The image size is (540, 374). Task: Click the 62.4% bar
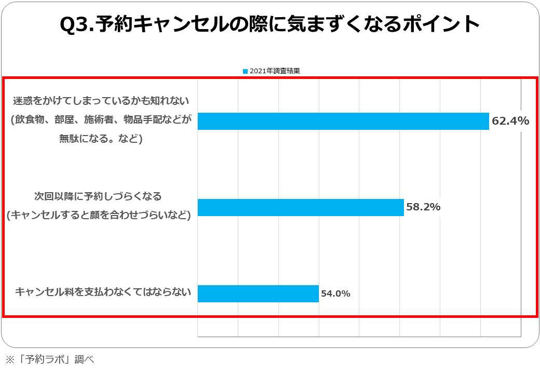pyautogui.click(x=343, y=121)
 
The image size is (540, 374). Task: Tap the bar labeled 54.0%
pyautogui.click(x=258, y=293)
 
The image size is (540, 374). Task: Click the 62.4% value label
pyautogui.click(x=510, y=121)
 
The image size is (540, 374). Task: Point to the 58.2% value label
pyautogui.click(x=423, y=207)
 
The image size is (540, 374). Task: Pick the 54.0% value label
pyautogui.click(x=335, y=293)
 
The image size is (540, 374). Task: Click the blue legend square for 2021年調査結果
pyautogui.click(x=245, y=71)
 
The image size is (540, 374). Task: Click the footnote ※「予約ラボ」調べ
pyautogui.click(x=49, y=359)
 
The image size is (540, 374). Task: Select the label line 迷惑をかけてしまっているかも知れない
pyautogui.click(x=102, y=101)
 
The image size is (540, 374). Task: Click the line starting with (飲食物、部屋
pyautogui.click(x=101, y=120)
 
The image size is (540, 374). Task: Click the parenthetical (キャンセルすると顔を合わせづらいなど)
pyautogui.click(x=99, y=215)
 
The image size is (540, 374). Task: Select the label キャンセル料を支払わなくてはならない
pyautogui.click(x=103, y=292)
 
